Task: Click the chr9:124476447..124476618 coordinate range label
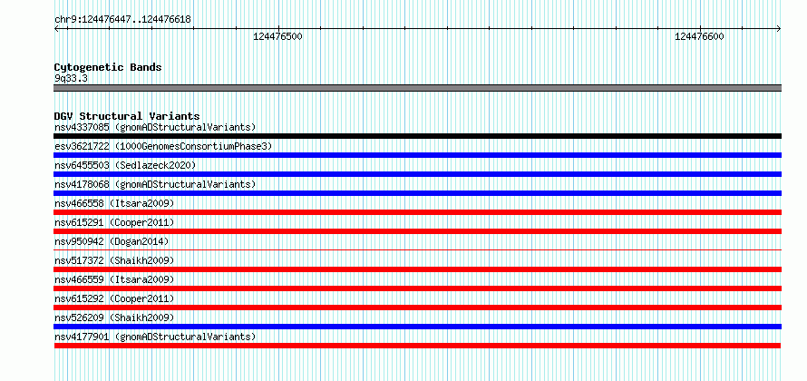pyautogui.click(x=122, y=20)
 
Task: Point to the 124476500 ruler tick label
pyautogui.click(x=278, y=36)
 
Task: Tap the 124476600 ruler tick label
pyautogui.click(x=699, y=36)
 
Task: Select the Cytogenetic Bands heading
pyautogui.click(x=108, y=67)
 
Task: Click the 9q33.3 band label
pyautogui.click(x=71, y=78)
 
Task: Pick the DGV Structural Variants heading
pyautogui.click(x=127, y=116)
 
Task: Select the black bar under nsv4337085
pyautogui.click(x=418, y=136)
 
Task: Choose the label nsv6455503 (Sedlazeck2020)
pyautogui.click(x=125, y=165)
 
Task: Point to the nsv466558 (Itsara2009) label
pyautogui.click(x=114, y=203)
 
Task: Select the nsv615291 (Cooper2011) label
pyautogui.click(x=114, y=222)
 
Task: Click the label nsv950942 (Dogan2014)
pyautogui.click(x=112, y=241)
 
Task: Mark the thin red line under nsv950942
pyautogui.click(x=418, y=249)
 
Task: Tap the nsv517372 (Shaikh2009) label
pyautogui.click(x=114, y=260)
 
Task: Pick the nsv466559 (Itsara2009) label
pyautogui.click(x=114, y=279)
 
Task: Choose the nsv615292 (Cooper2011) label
pyautogui.click(x=114, y=298)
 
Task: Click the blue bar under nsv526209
pyautogui.click(x=418, y=327)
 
